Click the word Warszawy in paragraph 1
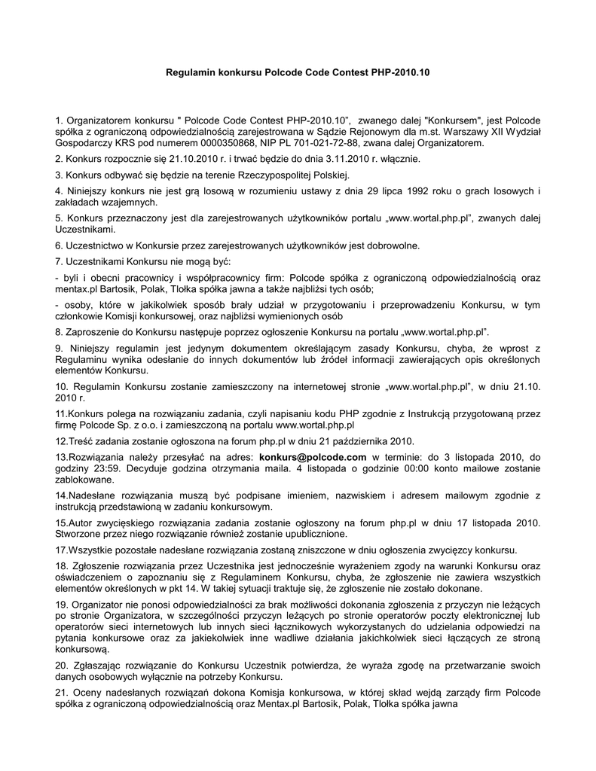(460, 131)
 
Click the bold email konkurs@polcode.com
(313, 456)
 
